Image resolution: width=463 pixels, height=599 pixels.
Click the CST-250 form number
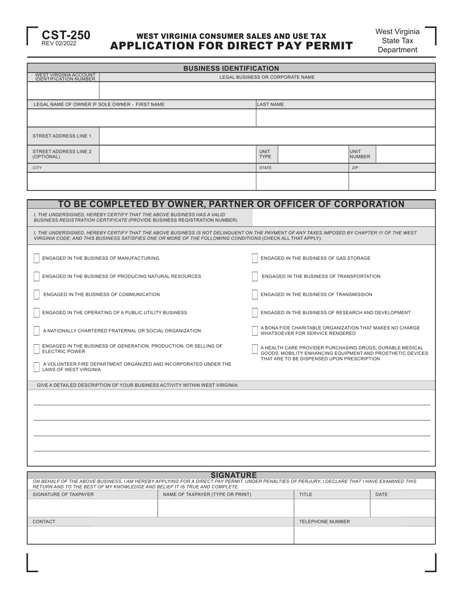[x=66, y=35]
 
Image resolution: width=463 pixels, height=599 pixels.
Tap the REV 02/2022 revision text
[x=59, y=44]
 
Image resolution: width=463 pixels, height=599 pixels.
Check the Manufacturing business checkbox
[x=37, y=258]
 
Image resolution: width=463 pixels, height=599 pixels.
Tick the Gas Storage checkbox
[x=255, y=258]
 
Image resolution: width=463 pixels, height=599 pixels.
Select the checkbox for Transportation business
[x=255, y=276]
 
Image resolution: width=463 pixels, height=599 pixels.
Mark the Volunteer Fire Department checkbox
[x=37, y=367]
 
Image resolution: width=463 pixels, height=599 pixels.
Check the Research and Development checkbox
[x=255, y=313]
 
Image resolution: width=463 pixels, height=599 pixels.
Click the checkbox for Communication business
[x=37, y=295]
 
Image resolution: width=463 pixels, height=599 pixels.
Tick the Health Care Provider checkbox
[x=255, y=349]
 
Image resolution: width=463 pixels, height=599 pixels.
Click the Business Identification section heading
[x=231, y=68]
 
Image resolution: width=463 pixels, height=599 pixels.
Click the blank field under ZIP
[x=391, y=181]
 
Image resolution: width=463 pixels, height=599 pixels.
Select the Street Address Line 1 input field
[x=267, y=136]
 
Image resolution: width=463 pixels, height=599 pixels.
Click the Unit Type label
[x=265, y=154]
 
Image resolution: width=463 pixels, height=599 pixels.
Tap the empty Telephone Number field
[x=364, y=535]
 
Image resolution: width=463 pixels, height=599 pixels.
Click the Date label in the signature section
[x=382, y=494]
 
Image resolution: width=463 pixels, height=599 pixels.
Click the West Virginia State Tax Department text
[x=397, y=40]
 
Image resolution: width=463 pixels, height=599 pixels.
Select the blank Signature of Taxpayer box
[x=92, y=508]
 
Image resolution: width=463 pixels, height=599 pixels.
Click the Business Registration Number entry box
[x=343, y=217]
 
